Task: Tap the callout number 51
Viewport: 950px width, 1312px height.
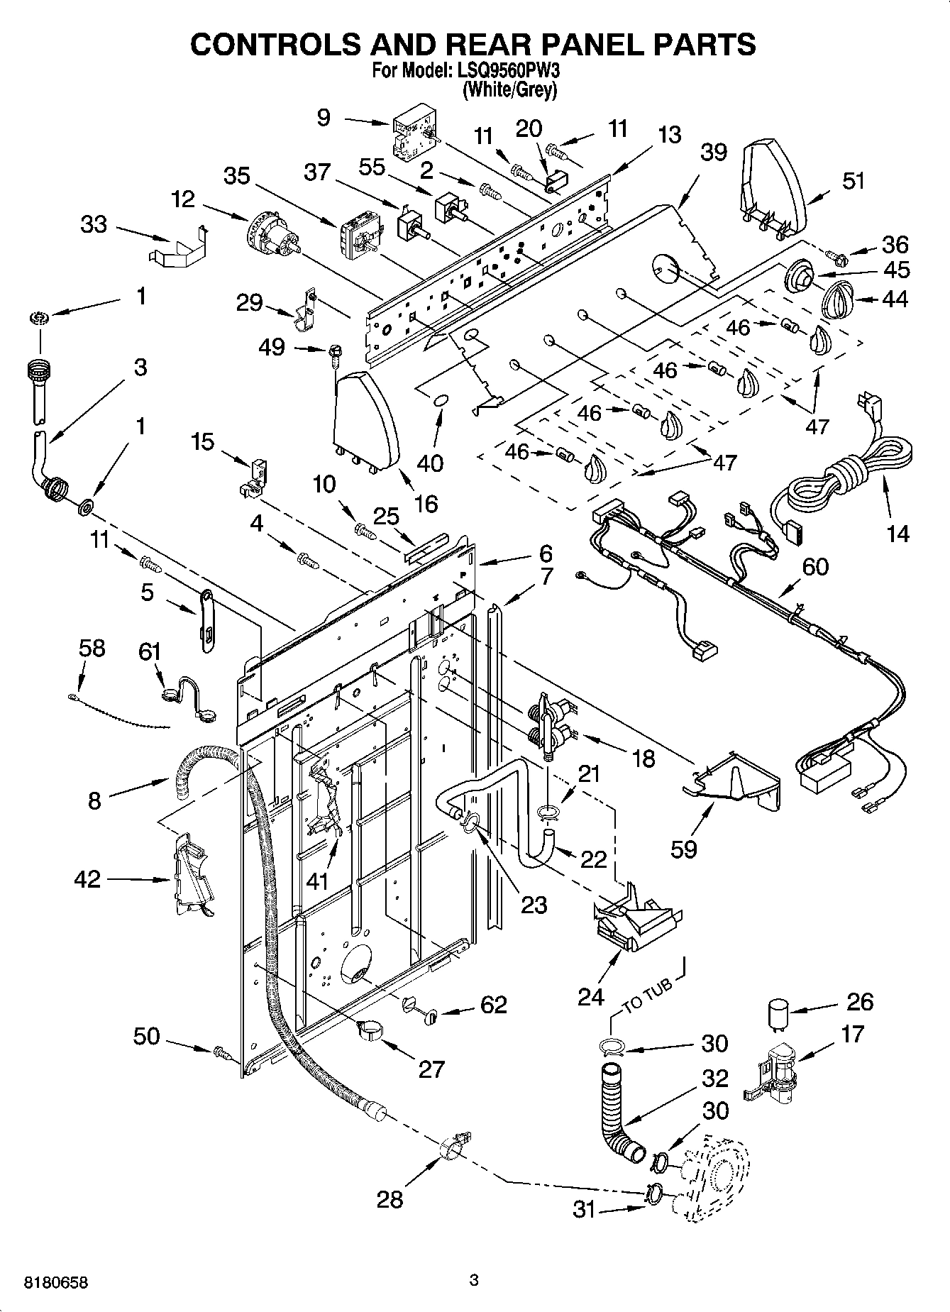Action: click(x=854, y=181)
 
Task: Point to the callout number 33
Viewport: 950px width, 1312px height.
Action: click(x=93, y=224)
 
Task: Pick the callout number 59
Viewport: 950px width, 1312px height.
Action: click(x=684, y=849)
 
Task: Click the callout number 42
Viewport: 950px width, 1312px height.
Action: click(x=88, y=880)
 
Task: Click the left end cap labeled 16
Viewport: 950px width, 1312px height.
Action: click(x=365, y=422)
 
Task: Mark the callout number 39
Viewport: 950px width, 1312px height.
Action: click(x=713, y=151)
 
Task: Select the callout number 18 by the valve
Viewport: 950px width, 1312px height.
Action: click(x=643, y=759)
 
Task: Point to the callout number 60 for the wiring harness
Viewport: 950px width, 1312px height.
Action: click(x=814, y=566)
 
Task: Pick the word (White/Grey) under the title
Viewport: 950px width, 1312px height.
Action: click(x=509, y=90)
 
